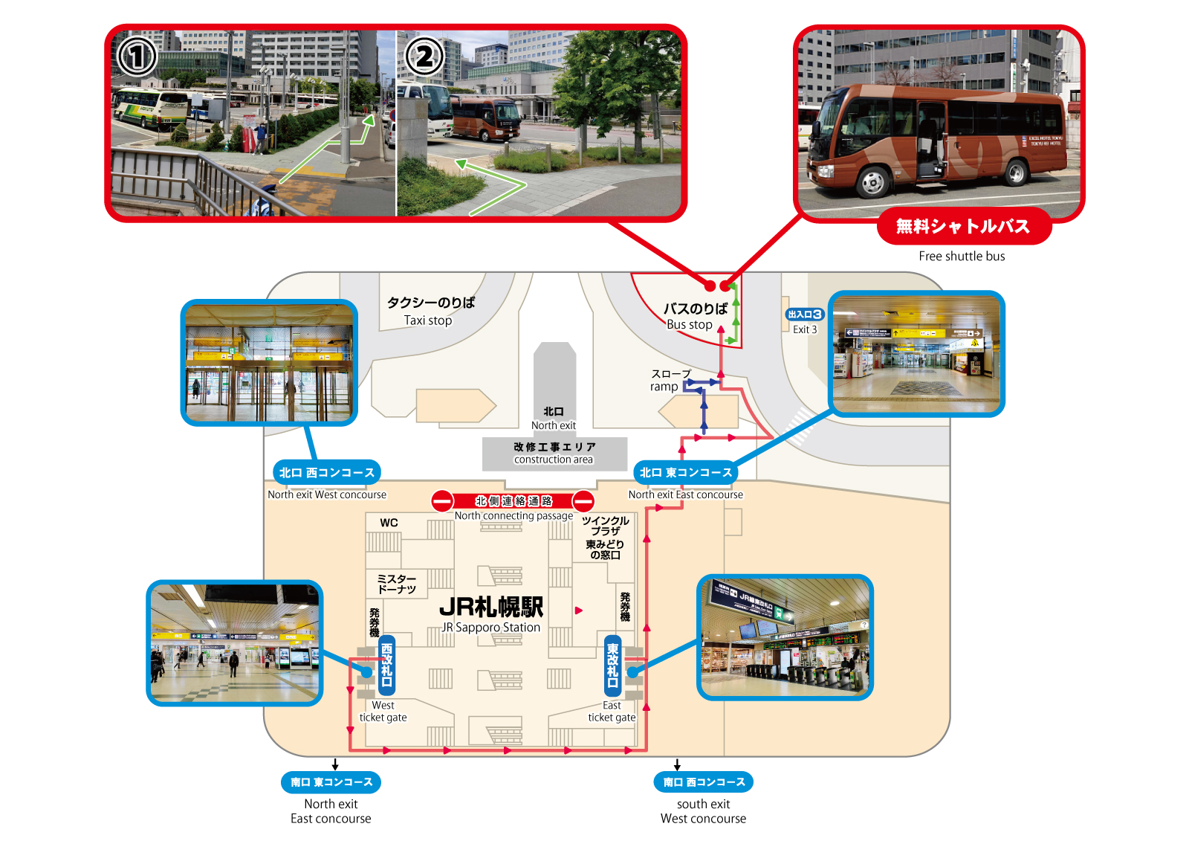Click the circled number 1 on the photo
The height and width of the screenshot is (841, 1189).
point(137,57)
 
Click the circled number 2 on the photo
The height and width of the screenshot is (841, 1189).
point(424,57)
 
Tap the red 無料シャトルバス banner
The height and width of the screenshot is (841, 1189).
point(963,226)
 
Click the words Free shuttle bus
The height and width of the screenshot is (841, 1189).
point(962,257)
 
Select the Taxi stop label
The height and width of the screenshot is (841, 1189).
point(428,320)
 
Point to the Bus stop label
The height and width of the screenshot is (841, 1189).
point(690,324)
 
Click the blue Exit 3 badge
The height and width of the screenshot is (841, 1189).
point(805,315)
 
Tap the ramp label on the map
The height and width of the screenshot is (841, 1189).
point(664,387)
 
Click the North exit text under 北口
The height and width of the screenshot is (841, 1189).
point(554,425)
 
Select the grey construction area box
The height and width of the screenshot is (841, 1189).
point(554,454)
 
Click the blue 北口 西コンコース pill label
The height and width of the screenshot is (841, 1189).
point(327,472)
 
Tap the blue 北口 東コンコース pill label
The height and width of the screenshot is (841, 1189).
point(686,472)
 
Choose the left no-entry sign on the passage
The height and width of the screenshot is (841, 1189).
point(443,501)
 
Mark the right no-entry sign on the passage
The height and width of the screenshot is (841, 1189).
point(583,501)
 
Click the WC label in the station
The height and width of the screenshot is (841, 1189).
point(389,523)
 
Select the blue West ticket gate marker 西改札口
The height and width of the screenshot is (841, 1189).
point(386,665)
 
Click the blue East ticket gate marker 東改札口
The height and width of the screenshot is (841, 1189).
point(612,665)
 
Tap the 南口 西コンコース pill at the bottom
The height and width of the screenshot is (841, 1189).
point(703,782)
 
